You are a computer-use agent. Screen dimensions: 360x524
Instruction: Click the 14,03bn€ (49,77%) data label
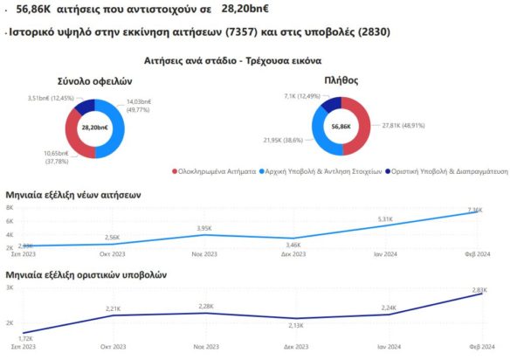151,105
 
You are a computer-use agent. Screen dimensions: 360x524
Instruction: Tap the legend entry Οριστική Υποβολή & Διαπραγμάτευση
451,173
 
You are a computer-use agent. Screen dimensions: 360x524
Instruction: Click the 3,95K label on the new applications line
203,228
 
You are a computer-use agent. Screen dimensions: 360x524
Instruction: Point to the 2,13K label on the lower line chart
294,326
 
